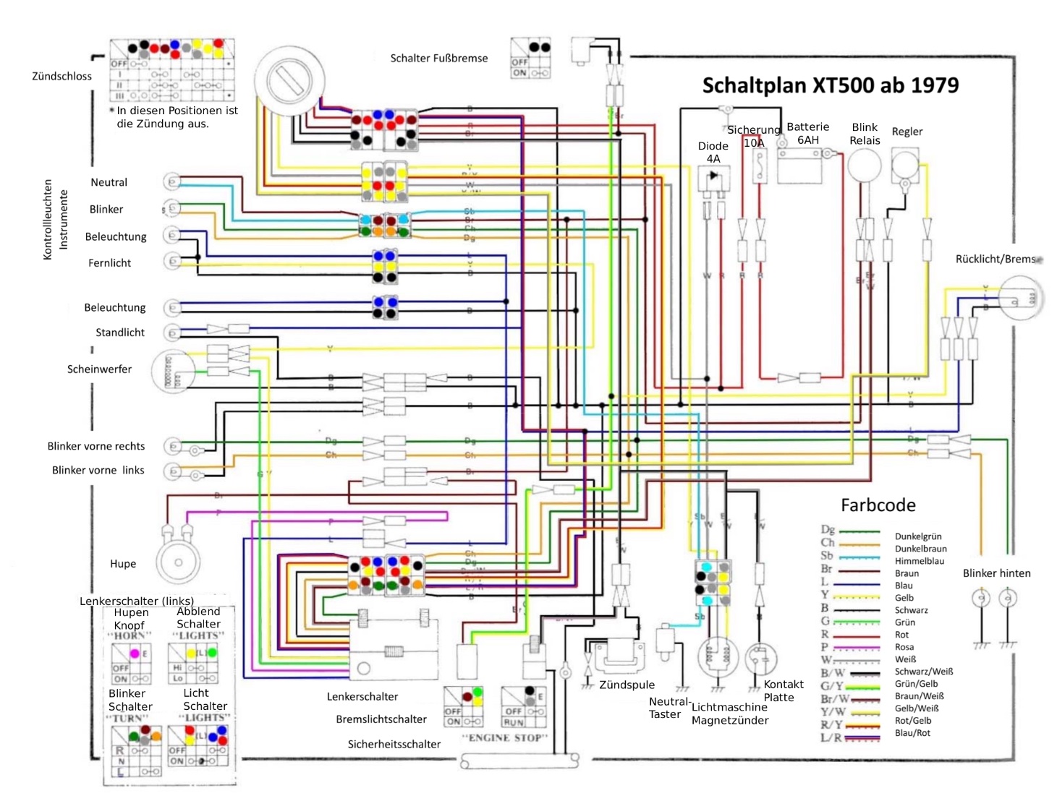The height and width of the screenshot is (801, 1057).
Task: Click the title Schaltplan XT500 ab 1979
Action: [830, 85]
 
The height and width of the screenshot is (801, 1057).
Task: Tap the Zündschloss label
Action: [61, 76]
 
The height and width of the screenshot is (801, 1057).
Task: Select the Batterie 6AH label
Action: [807, 133]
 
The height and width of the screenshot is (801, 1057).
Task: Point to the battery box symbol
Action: [799, 167]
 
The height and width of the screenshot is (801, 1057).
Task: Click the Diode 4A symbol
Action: [713, 176]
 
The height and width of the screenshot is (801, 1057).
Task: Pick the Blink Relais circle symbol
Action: [864, 166]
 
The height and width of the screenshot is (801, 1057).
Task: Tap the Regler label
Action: [907, 132]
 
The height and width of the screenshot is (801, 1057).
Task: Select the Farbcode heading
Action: [878, 505]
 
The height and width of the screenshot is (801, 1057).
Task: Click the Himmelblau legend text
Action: [919, 561]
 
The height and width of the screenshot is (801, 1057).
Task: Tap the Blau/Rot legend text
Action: [912, 733]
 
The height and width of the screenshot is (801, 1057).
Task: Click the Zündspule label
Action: [627, 685]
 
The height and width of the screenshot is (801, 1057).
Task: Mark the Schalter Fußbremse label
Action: [438, 59]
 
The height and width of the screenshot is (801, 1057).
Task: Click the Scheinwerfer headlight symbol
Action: [172, 371]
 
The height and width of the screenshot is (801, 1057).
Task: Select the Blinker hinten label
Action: [996, 573]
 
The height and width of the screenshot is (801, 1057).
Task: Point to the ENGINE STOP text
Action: [504, 737]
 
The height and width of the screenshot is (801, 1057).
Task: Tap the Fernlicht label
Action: [109, 263]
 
